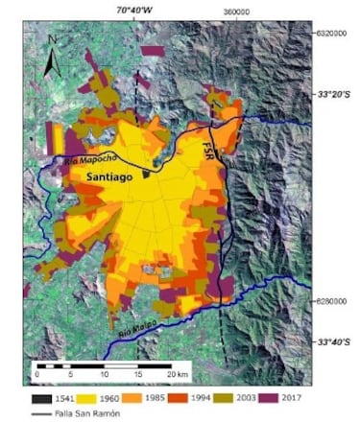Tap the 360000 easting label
click(237, 10)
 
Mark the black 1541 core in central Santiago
click(146, 174)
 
